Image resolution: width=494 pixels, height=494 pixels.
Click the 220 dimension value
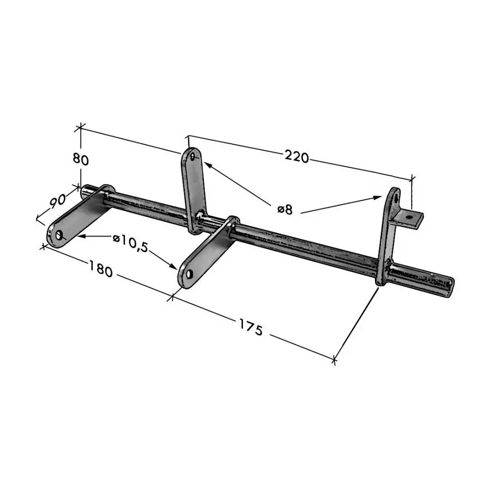[297, 157]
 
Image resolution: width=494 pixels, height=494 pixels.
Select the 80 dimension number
[81, 160]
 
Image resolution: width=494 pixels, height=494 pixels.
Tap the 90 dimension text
[58, 201]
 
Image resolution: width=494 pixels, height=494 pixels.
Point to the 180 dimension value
[100, 268]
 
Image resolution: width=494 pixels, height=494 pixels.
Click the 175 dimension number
[251, 327]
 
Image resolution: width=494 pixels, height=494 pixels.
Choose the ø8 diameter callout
[285, 209]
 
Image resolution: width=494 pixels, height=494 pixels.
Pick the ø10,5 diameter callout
[130, 243]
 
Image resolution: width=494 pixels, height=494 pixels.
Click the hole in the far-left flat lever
[59, 235]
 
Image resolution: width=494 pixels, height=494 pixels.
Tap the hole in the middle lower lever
[189, 274]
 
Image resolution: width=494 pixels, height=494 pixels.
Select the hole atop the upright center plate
[193, 157]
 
